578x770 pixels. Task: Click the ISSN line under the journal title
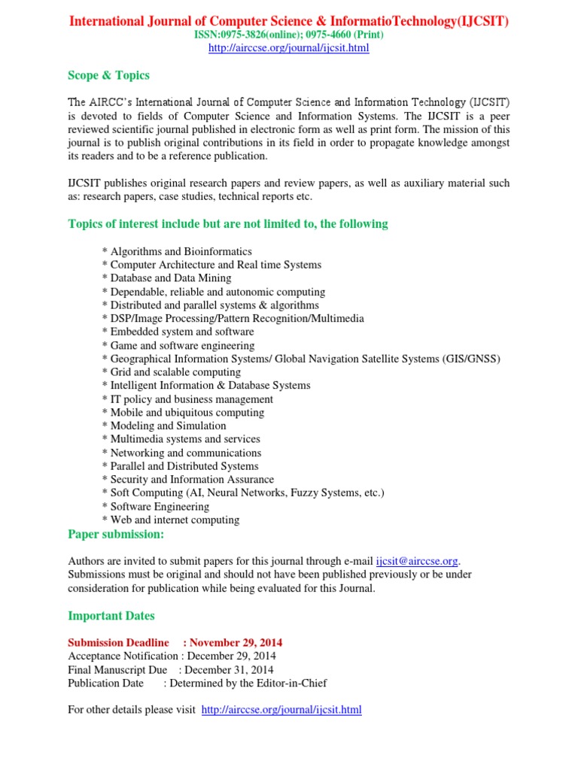288,35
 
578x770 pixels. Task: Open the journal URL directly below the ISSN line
288,48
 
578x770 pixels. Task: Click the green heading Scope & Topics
108,75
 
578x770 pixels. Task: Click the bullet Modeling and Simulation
168,426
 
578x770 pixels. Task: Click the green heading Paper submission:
115,534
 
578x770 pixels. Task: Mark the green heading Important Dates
111,616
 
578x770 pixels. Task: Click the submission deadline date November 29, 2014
236,643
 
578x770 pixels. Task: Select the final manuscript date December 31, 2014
229,670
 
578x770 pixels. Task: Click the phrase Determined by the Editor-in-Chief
248,684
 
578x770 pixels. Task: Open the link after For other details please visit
281,710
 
